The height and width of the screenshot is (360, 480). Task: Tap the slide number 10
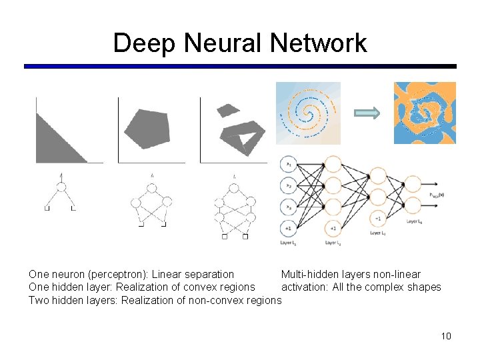coord(446,335)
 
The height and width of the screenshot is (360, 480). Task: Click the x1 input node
coord(289,163)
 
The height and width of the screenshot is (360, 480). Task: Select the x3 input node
coord(289,205)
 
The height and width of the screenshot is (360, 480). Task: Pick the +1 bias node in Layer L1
coord(289,227)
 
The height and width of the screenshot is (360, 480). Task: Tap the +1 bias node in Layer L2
coord(333,228)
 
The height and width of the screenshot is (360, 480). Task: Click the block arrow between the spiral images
coord(367,113)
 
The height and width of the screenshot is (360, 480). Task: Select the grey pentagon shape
coord(145,128)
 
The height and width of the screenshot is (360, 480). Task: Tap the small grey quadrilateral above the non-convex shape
coord(228,109)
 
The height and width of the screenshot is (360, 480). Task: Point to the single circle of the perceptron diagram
coord(61,187)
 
